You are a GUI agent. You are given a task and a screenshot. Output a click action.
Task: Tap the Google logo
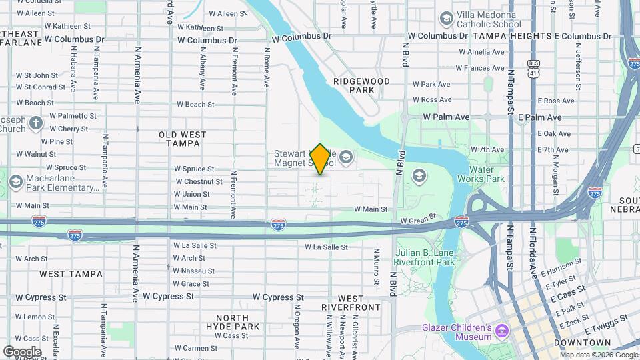(x=22, y=351)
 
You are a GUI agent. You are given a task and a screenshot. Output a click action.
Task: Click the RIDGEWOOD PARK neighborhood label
(x=361, y=85)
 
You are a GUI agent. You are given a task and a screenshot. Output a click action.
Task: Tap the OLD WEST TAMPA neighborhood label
(x=182, y=139)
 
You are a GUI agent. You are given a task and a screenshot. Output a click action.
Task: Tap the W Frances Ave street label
(x=481, y=68)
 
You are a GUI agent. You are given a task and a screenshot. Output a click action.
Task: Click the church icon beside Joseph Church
(x=36, y=123)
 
